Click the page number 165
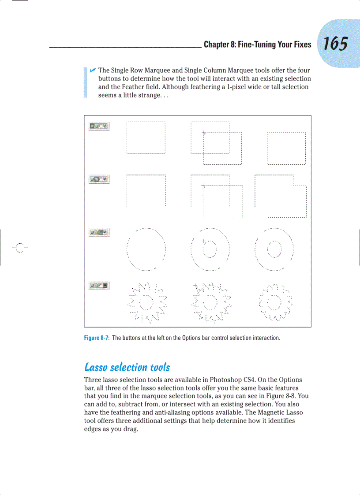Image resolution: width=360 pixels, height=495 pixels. (x=335, y=44)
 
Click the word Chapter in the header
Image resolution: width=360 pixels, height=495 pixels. (x=217, y=45)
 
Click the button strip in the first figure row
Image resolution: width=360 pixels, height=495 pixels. (x=99, y=127)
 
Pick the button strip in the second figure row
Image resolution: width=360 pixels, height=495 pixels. (x=99, y=179)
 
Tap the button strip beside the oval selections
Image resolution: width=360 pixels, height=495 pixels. (x=99, y=232)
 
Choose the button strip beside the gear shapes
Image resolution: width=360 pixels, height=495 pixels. (x=99, y=286)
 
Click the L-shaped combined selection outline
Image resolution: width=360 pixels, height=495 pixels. (x=281, y=196)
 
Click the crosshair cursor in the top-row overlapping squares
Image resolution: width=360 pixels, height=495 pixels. (x=203, y=132)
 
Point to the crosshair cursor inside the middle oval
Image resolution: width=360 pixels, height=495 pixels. (x=203, y=242)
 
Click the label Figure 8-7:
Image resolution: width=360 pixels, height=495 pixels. (x=96, y=338)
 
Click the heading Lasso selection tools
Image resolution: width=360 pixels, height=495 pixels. (x=127, y=367)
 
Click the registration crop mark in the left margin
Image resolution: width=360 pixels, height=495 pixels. (x=19, y=247)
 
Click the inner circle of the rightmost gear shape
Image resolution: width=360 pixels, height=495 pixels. (x=275, y=302)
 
